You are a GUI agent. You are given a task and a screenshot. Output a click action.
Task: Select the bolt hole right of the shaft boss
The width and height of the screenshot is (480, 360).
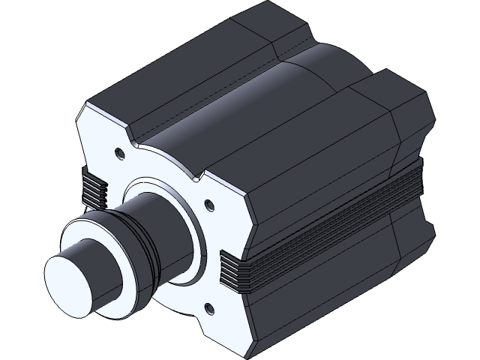click(x=209, y=203)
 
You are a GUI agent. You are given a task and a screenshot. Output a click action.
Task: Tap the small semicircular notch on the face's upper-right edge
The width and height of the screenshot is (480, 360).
click(x=198, y=178)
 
